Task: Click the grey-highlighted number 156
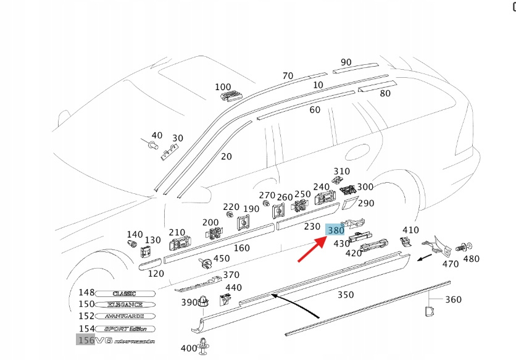(85, 340)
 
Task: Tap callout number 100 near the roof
(223, 87)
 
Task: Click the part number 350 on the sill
(346, 295)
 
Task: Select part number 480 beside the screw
(471, 259)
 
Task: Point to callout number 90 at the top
(346, 62)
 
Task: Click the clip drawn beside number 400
(203, 347)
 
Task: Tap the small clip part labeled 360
(430, 311)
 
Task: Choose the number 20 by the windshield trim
(227, 156)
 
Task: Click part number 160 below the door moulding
(242, 248)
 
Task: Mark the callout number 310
(341, 171)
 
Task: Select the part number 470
(451, 264)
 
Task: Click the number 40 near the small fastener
(157, 135)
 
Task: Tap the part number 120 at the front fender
(156, 273)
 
